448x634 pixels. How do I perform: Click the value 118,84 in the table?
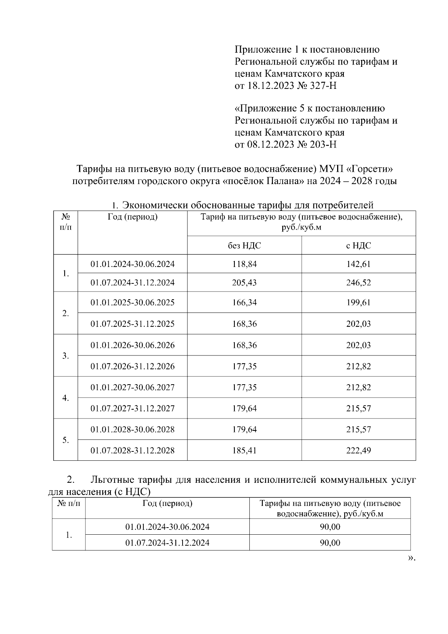(x=245, y=264)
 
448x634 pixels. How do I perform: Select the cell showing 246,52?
(x=358, y=282)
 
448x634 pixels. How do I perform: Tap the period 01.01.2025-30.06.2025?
(x=133, y=302)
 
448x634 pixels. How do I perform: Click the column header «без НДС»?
(x=245, y=245)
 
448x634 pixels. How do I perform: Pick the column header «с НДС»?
(x=358, y=245)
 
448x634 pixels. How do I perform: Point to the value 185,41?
(x=245, y=450)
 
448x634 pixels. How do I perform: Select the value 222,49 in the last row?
(x=358, y=450)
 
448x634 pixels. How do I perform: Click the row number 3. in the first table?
(x=66, y=356)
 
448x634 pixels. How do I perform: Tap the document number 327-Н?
(x=323, y=86)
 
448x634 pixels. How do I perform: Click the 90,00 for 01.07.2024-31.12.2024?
(x=330, y=543)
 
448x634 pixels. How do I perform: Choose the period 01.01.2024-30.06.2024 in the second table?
(x=167, y=527)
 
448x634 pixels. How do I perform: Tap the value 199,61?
(x=358, y=302)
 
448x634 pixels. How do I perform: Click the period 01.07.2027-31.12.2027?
(x=133, y=408)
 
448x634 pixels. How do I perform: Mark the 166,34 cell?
(x=245, y=302)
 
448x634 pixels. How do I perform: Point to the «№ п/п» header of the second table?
(x=69, y=503)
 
